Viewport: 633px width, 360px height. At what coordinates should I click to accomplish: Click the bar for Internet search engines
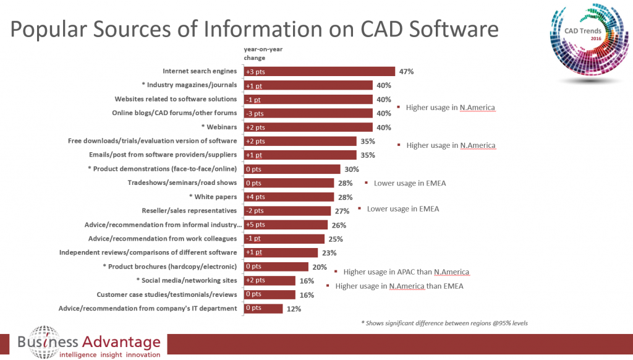click(x=319, y=72)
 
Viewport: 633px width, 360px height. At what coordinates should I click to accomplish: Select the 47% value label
click(x=406, y=72)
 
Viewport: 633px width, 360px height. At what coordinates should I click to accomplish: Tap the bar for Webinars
click(x=308, y=127)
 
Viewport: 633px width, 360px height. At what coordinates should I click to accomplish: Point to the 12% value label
click(x=294, y=309)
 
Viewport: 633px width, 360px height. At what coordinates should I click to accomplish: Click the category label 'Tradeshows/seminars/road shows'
click(x=182, y=183)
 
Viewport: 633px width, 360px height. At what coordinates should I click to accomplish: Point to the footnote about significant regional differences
click(x=444, y=323)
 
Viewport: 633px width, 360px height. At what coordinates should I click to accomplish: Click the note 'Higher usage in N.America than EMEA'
click(x=399, y=286)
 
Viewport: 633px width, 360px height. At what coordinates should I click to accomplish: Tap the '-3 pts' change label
click(x=255, y=113)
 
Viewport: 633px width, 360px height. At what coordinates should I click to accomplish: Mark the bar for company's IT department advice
click(x=263, y=309)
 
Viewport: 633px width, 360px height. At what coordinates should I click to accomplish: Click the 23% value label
click(x=329, y=253)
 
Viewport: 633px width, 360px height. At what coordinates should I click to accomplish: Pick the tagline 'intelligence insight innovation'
click(x=109, y=354)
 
